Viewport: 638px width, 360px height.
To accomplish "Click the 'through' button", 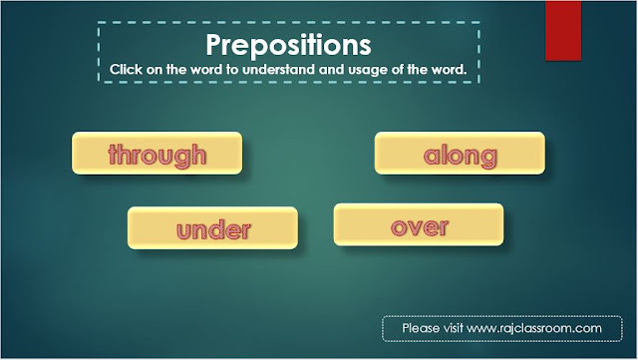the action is tap(158, 154).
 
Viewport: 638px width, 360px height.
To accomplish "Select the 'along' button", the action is tap(460, 154).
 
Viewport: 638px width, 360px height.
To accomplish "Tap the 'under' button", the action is tap(212, 228).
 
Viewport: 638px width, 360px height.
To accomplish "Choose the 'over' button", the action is tap(419, 224).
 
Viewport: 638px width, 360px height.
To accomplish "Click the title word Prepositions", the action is tap(288, 45).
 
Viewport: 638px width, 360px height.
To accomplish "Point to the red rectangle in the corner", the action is tap(563, 31).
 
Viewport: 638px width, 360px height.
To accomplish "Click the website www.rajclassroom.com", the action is tap(534, 328).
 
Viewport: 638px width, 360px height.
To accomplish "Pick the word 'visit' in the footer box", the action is tap(453, 328).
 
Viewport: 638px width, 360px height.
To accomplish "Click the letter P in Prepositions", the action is tap(214, 45).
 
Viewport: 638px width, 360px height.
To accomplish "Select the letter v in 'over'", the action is tap(416, 228).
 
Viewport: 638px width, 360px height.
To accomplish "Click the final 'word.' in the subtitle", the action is tap(450, 69).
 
